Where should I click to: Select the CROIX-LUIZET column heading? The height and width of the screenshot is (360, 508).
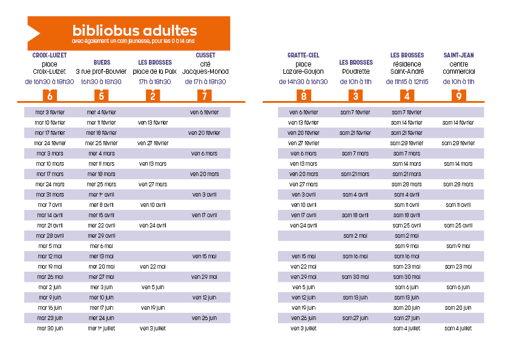click(x=50, y=55)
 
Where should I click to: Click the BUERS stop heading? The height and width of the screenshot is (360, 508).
click(x=102, y=62)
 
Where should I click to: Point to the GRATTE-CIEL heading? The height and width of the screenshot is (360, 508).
click(x=303, y=55)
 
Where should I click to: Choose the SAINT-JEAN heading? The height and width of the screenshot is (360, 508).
click(x=458, y=55)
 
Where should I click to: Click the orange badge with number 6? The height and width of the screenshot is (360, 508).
click(x=50, y=96)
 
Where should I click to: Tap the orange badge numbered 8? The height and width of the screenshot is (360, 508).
click(x=303, y=96)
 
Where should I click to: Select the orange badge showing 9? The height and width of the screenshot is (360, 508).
click(x=459, y=96)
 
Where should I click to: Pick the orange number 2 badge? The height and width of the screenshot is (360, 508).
click(x=153, y=96)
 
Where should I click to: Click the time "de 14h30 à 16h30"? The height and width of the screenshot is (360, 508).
click(x=303, y=82)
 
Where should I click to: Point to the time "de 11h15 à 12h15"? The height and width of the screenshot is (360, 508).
click(x=407, y=82)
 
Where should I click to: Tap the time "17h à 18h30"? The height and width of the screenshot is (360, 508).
click(x=155, y=82)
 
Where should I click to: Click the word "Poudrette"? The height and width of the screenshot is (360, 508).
click(x=356, y=71)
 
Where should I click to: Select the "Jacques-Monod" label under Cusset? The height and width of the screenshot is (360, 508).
click(x=205, y=71)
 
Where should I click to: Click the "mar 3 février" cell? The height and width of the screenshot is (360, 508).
click(x=50, y=113)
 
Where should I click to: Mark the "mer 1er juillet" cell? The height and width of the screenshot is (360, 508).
click(x=102, y=329)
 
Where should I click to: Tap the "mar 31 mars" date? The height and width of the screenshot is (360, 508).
click(x=50, y=195)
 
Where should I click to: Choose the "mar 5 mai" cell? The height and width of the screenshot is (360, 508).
click(x=50, y=246)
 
